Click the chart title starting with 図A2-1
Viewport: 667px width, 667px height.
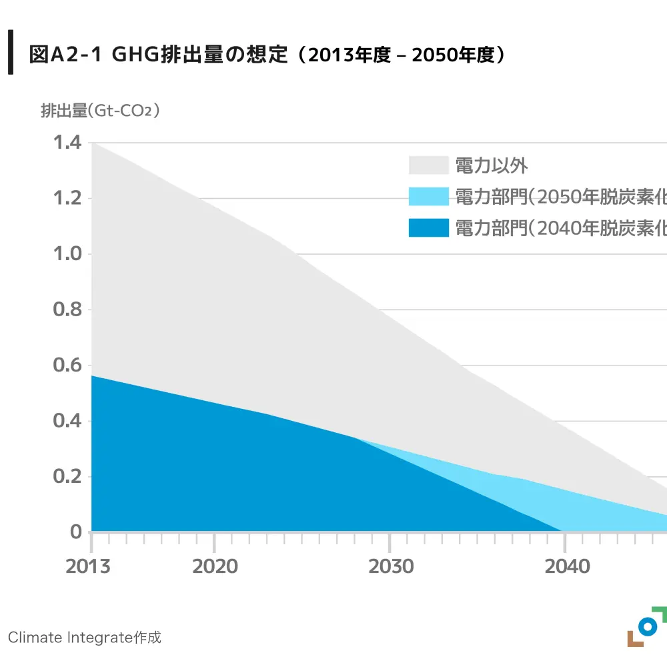[x=267, y=55]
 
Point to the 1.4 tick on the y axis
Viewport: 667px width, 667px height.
[x=67, y=143]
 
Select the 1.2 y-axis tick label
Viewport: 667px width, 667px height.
[x=67, y=199]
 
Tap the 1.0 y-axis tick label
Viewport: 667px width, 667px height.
[x=67, y=254]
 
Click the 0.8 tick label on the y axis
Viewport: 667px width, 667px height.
[x=67, y=309]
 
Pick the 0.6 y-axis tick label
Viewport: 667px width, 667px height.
[x=67, y=366]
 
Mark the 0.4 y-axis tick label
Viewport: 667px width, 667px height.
[x=67, y=421]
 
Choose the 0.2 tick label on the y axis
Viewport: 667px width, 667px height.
[x=67, y=477]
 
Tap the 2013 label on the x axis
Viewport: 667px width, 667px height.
[x=89, y=566]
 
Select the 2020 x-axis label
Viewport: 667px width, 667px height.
[x=215, y=566]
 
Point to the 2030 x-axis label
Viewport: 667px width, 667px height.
[x=391, y=566]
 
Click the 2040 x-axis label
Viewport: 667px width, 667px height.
[x=567, y=566]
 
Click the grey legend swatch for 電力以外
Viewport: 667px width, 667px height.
[x=428, y=165]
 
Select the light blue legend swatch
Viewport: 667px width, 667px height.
[x=428, y=197]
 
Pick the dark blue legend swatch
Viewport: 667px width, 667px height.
[x=428, y=228]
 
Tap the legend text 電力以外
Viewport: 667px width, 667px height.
[x=492, y=165]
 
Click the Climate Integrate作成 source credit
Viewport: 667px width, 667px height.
[x=85, y=638]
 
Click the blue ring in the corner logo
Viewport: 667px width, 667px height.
[x=646, y=626]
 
